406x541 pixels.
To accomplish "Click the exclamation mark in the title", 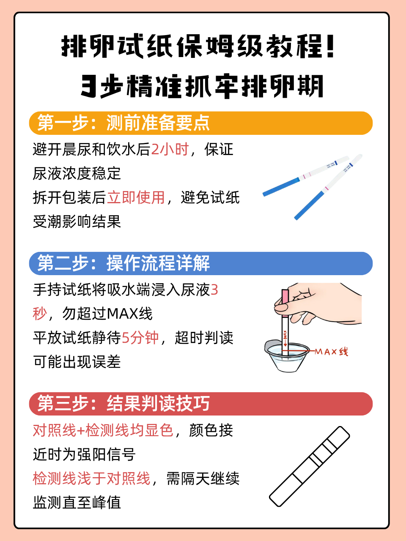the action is pos(330,46).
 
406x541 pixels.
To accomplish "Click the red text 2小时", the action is pos(170,149).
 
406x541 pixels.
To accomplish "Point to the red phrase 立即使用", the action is pos(136,197).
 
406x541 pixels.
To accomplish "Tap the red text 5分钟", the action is pos(140,338).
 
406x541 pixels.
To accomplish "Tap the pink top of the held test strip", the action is pos(285,303).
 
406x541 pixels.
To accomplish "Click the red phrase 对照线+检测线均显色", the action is pos(103,430).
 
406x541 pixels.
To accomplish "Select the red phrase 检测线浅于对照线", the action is pos(92,478).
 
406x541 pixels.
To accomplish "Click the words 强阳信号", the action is pos(107,454).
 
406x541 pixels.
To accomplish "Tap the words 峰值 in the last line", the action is pos(107,503).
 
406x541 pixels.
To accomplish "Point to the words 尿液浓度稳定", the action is pos(77,173).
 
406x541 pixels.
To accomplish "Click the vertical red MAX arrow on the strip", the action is pos(285,339).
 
